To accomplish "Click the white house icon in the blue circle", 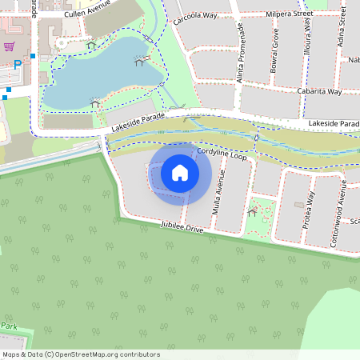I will pos(180,173).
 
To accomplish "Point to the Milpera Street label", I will pos(290,14).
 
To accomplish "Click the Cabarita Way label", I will pos(318,92).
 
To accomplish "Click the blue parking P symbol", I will pos(17,64).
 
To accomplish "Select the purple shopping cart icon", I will pos(10,46).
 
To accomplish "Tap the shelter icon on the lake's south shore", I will pos(95,103).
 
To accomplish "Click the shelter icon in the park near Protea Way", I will pos(253,212).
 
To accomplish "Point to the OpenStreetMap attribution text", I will pos(81,354).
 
